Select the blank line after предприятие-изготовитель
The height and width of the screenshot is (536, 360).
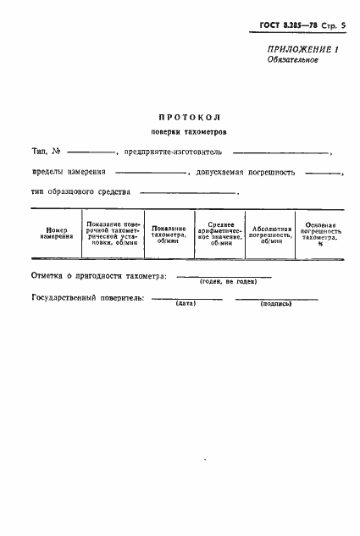pos(280,153)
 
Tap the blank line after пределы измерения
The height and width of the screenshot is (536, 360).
pos(155,174)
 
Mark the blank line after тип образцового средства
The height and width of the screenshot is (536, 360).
pos(190,194)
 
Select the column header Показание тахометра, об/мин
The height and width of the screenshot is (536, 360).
pos(169,234)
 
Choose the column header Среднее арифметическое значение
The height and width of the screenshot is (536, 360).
pos(219,234)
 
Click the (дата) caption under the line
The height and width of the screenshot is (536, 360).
pos(186,303)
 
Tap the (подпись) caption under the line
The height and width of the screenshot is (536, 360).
pos(276,303)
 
